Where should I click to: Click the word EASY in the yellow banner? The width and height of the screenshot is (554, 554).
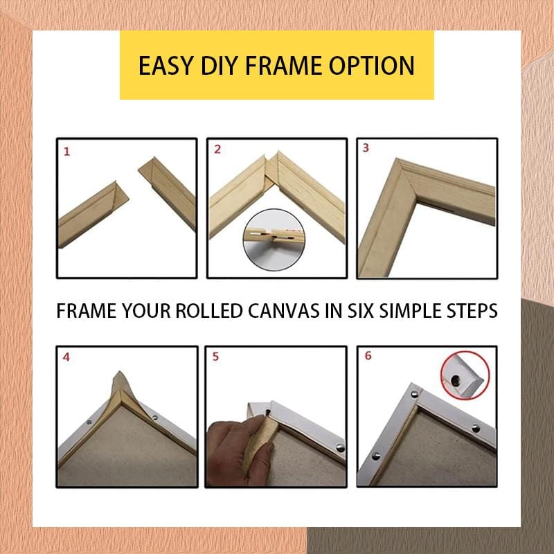166,66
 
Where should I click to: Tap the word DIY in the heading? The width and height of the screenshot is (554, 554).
218,66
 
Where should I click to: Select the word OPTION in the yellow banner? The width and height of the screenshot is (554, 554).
371,66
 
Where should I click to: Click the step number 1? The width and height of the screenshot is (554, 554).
66,152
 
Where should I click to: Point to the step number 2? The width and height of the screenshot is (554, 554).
217,149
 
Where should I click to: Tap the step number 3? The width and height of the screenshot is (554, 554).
366,148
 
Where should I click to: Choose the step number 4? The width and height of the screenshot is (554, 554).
66,357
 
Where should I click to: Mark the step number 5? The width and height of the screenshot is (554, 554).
215,357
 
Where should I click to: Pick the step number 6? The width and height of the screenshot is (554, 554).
368,355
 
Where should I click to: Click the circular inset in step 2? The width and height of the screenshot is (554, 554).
274,240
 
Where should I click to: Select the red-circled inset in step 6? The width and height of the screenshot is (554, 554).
465,375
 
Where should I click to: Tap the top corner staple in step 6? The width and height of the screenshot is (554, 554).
414,393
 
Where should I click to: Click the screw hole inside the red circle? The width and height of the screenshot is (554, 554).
456,380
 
